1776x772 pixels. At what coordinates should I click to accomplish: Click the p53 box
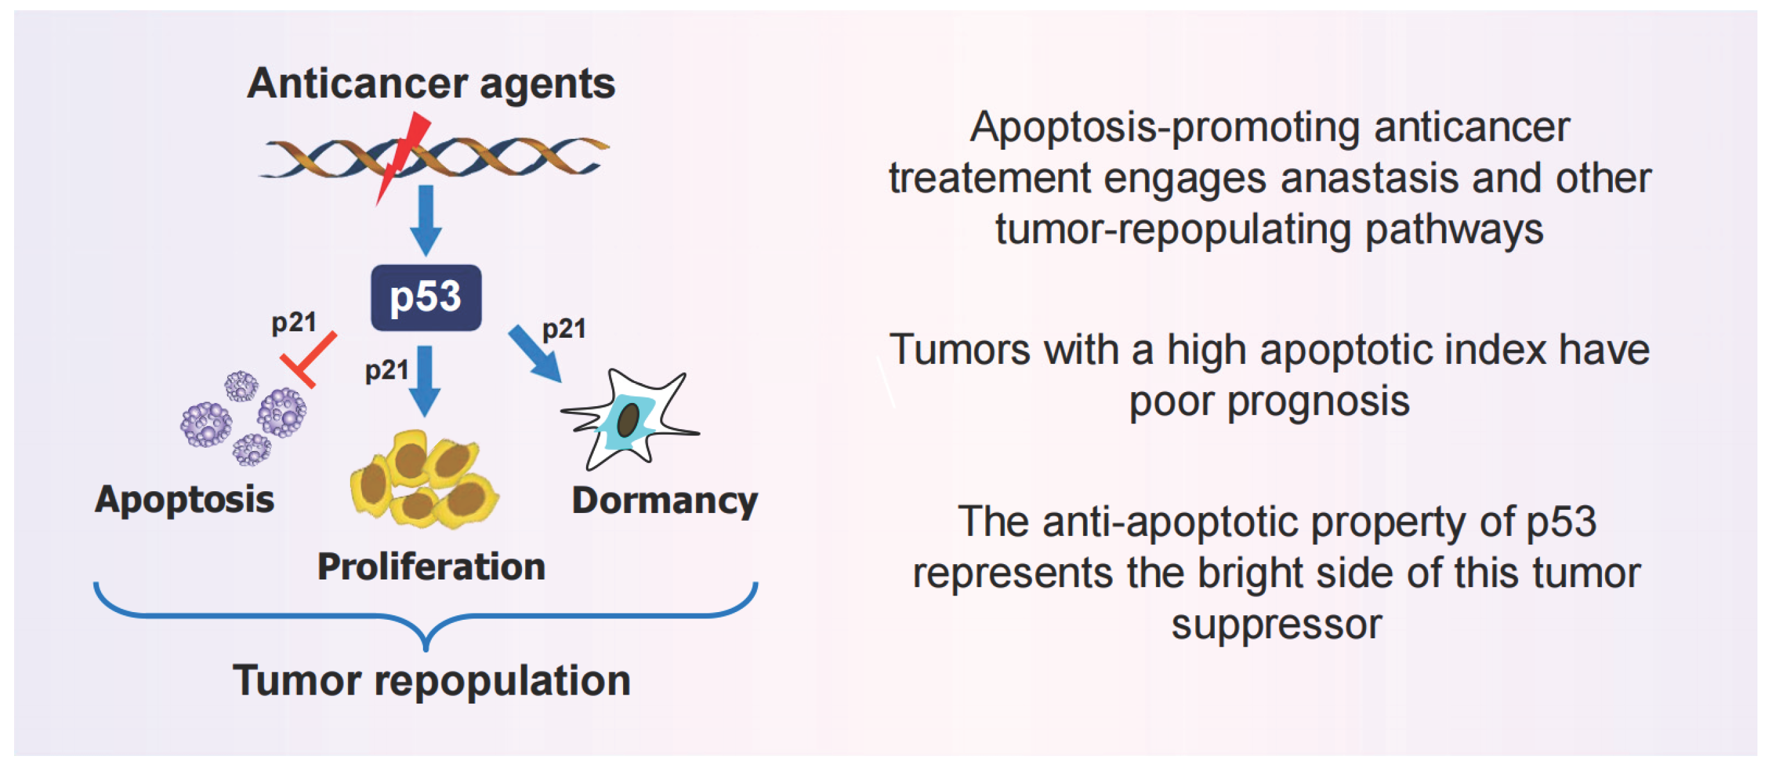pyautogui.click(x=425, y=298)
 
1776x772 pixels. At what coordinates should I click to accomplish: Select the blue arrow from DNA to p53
pyautogui.click(x=426, y=219)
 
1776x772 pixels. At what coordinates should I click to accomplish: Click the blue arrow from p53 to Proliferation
pyautogui.click(x=425, y=379)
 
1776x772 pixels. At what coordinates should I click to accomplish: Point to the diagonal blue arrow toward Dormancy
pyautogui.click(x=534, y=354)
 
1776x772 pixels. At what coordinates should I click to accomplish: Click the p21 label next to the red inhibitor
pyautogui.click(x=294, y=322)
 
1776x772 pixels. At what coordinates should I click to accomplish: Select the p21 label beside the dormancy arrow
pyautogui.click(x=564, y=329)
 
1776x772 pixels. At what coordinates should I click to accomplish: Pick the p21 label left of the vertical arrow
pyautogui.click(x=386, y=370)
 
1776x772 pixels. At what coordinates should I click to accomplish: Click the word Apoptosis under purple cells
pyautogui.click(x=185, y=499)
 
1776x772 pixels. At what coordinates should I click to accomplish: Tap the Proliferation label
pyautogui.click(x=431, y=567)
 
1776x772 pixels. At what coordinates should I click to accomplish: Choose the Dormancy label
pyautogui.click(x=665, y=500)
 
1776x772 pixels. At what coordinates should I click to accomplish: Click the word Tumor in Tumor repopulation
pyautogui.click(x=296, y=681)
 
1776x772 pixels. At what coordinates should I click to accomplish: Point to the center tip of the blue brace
pyautogui.click(x=426, y=647)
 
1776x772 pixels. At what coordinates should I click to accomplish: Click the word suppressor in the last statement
pyautogui.click(x=1276, y=624)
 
